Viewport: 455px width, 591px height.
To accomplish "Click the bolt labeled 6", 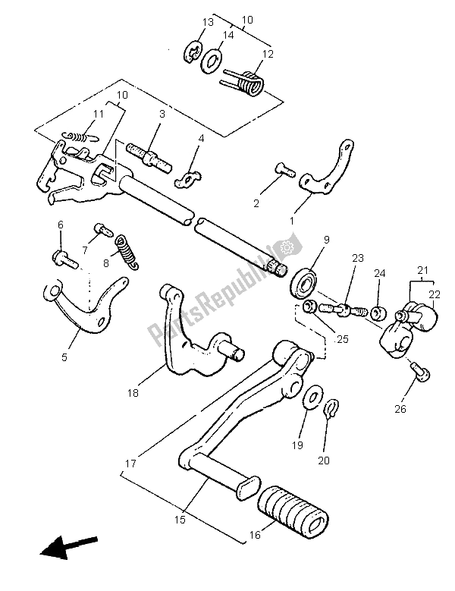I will [64, 260].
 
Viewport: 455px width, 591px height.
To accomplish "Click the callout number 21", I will [420, 269].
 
